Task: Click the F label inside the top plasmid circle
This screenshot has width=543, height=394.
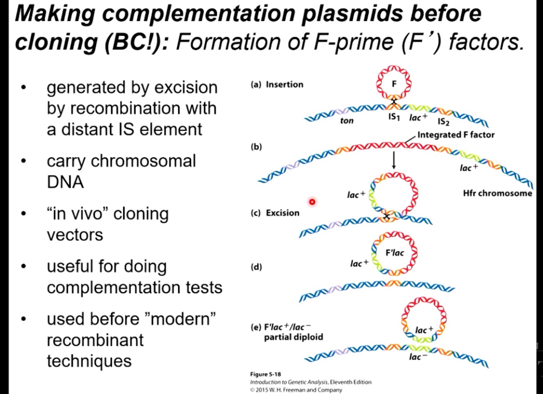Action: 394,84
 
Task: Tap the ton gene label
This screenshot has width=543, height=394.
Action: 347,121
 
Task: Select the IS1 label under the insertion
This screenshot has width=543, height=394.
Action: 394,117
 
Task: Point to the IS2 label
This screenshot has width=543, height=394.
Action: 443,122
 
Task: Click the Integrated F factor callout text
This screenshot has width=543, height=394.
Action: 456,135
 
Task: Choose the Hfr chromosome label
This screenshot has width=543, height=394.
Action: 497,193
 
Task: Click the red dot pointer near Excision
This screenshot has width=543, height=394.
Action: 312,202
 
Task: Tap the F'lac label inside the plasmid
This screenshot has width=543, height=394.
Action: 394,253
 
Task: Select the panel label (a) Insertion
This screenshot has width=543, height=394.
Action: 277,85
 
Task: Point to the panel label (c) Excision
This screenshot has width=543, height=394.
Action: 275,213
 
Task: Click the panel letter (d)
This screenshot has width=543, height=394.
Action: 256,267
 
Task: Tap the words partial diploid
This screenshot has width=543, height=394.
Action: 293,337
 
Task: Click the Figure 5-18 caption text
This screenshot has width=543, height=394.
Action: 265,374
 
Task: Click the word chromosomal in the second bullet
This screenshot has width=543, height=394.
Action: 143,161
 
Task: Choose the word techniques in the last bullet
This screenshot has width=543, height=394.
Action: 89,361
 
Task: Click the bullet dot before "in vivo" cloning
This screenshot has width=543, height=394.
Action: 24,213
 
